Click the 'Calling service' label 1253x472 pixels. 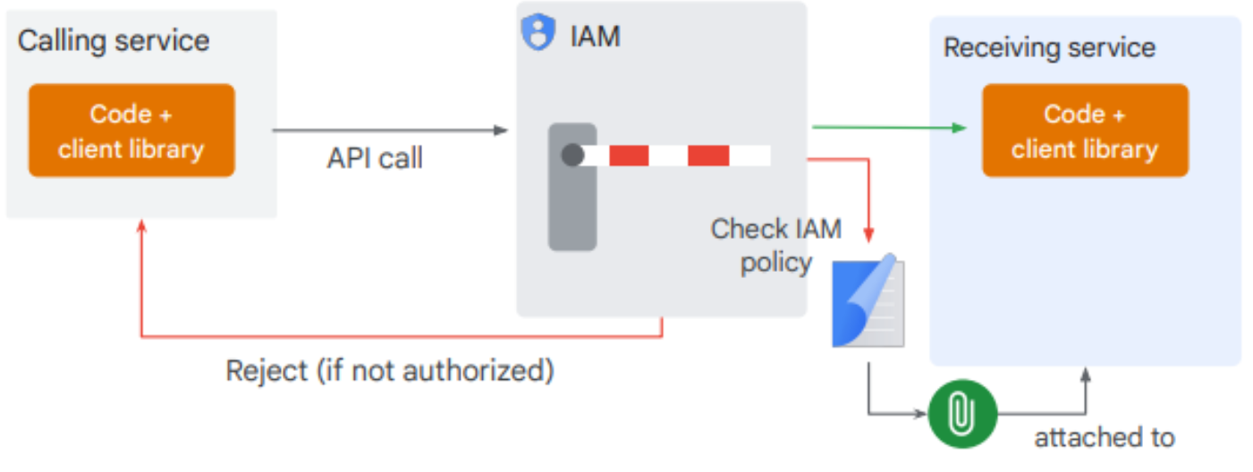point(114,40)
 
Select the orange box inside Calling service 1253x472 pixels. point(131,131)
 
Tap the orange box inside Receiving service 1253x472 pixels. point(1085,131)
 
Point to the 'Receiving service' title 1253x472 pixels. point(1049,47)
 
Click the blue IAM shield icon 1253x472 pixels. point(538,33)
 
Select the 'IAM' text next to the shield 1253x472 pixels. point(595,37)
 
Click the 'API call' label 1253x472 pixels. point(375,158)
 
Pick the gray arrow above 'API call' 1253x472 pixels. point(389,131)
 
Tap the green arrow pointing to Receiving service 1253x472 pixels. point(889,128)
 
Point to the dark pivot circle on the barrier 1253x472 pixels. point(572,155)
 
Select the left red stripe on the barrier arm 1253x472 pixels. point(629,156)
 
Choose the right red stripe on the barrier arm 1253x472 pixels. point(707,156)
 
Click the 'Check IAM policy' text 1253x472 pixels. point(775,246)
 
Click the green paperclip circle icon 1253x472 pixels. point(961,414)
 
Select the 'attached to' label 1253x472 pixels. point(1104,438)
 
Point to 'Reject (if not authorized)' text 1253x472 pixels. point(389,369)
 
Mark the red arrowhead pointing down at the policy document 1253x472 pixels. point(868,234)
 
